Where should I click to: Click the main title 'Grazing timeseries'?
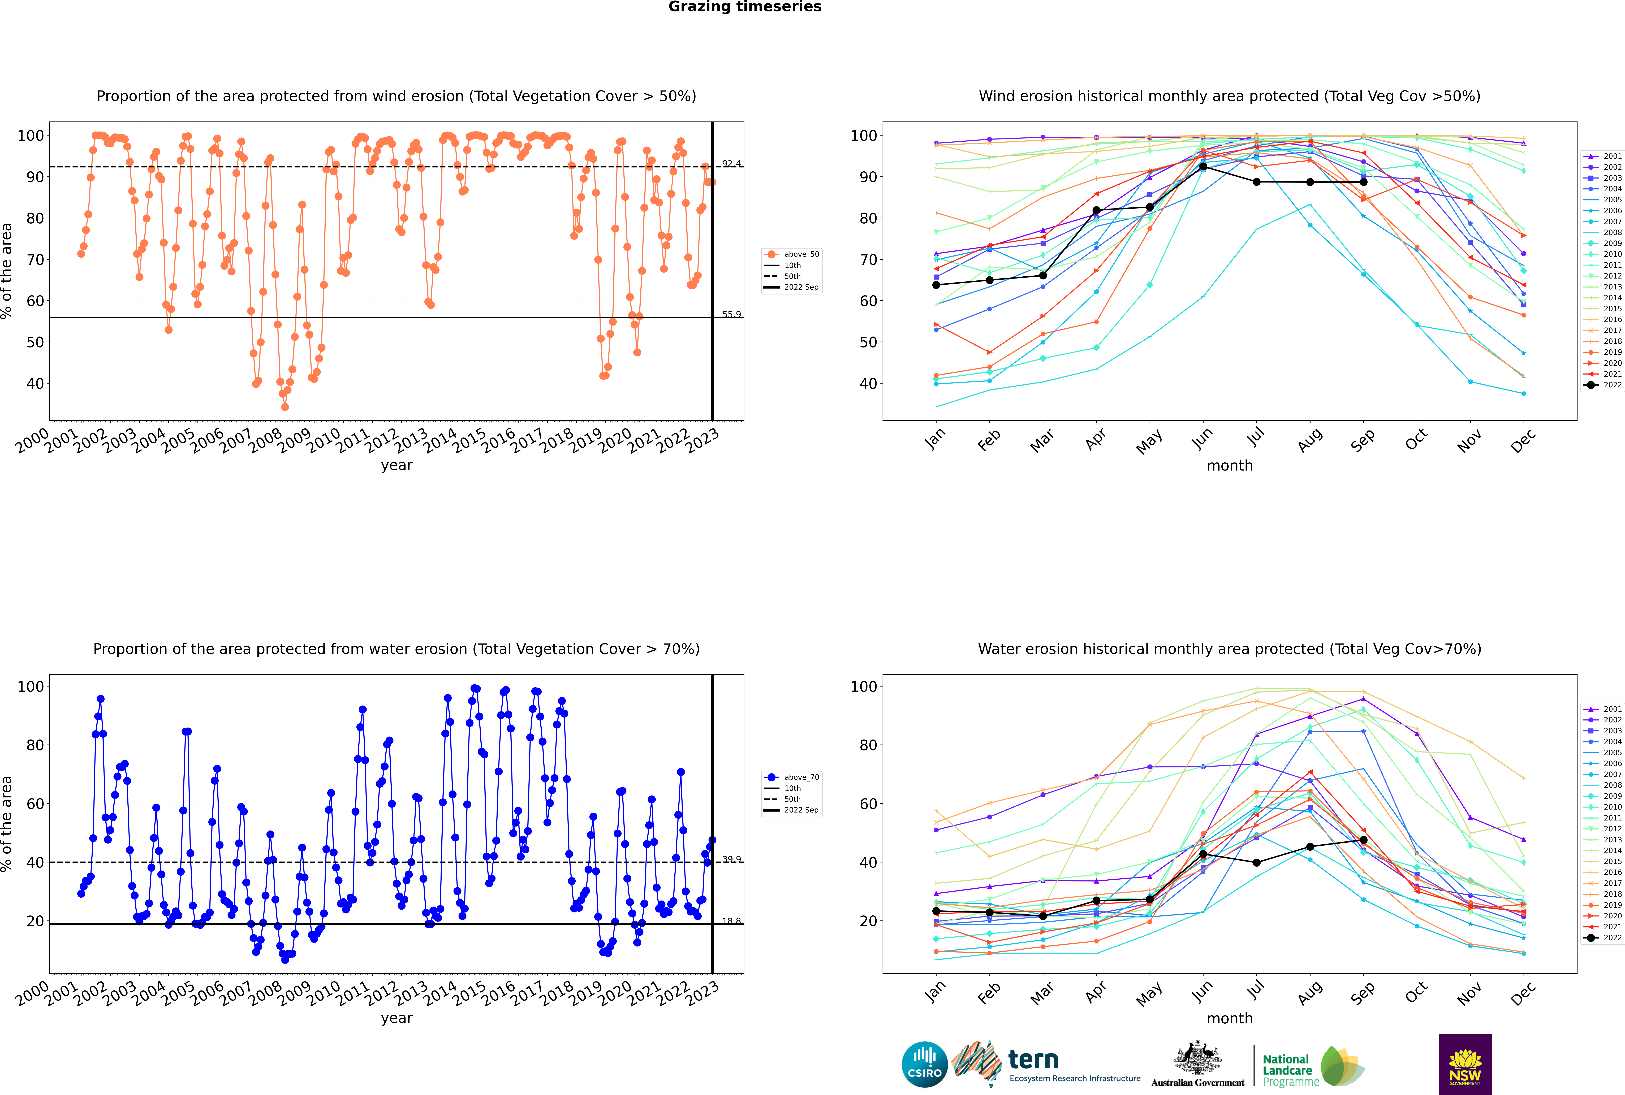coord(745,7)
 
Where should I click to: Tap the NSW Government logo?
coord(1465,1064)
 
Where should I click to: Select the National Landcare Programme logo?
coord(1313,1066)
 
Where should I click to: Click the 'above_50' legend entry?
coord(792,254)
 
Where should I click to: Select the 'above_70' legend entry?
coord(792,777)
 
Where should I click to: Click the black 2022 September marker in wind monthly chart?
coord(1363,182)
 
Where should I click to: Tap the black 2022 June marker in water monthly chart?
coord(1203,854)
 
